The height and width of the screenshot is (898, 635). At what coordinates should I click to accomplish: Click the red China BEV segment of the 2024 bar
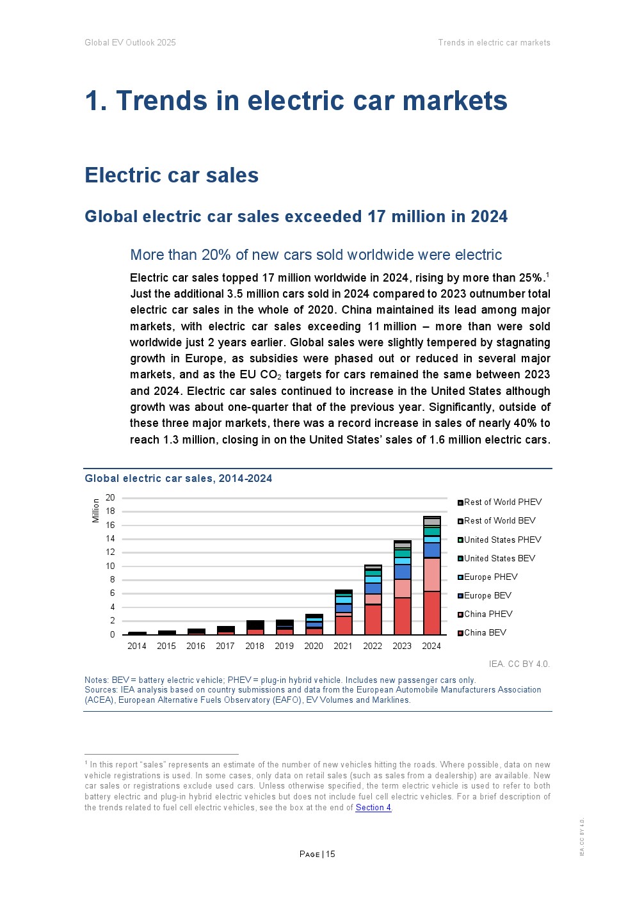[431, 613]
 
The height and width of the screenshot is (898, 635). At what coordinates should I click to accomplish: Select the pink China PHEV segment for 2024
[431, 574]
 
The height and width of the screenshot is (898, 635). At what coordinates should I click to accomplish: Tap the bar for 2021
[343, 613]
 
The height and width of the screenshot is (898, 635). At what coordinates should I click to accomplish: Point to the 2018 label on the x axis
[255, 646]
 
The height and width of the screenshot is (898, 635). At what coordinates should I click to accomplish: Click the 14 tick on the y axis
[111, 538]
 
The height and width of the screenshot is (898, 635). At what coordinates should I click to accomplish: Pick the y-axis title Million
[96, 510]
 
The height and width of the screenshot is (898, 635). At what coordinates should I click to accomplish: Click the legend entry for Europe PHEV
[490, 577]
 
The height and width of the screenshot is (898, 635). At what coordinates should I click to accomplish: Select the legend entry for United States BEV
[499, 558]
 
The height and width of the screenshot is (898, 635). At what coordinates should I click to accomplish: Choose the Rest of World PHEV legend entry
[502, 502]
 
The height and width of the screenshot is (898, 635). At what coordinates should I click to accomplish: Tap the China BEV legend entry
[485, 632]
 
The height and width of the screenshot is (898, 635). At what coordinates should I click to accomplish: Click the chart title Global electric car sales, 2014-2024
[179, 478]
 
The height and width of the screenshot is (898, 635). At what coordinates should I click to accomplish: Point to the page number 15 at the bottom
[330, 854]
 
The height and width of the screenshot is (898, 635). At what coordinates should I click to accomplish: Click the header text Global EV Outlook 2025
[130, 42]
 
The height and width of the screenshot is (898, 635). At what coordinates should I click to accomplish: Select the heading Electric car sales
[172, 175]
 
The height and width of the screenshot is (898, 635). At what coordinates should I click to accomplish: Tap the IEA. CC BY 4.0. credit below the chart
[519, 664]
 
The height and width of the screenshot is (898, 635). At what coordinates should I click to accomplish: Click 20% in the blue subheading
[216, 255]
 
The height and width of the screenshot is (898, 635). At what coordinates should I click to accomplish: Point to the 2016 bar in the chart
[196, 632]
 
